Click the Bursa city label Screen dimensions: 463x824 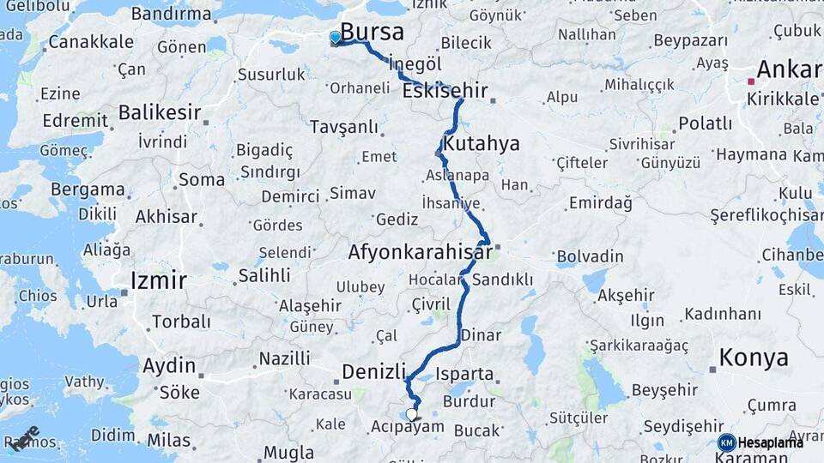pos(372,32)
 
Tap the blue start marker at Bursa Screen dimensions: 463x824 pos(335,37)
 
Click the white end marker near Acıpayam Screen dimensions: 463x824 pos(411,414)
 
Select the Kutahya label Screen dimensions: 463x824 pos(481,143)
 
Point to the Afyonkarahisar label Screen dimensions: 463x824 pos(420,252)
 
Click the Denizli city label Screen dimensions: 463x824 pos(373,371)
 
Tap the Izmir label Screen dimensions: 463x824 pos(158,280)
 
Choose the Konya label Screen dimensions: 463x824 pos(754,358)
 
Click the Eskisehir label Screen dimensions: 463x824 pos(444,90)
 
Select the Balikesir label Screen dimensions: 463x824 pos(160,112)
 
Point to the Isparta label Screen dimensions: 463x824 pos(465,374)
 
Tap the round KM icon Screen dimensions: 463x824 pos(726,442)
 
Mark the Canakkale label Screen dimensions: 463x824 pos(91,41)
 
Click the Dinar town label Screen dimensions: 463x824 pos(481,335)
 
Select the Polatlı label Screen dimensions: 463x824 pos(705,123)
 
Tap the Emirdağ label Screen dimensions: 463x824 pos(600,203)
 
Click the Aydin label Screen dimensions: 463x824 pos(169,366)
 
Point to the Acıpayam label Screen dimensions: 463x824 pos(409,426)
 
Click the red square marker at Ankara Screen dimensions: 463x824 pos(750,81)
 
